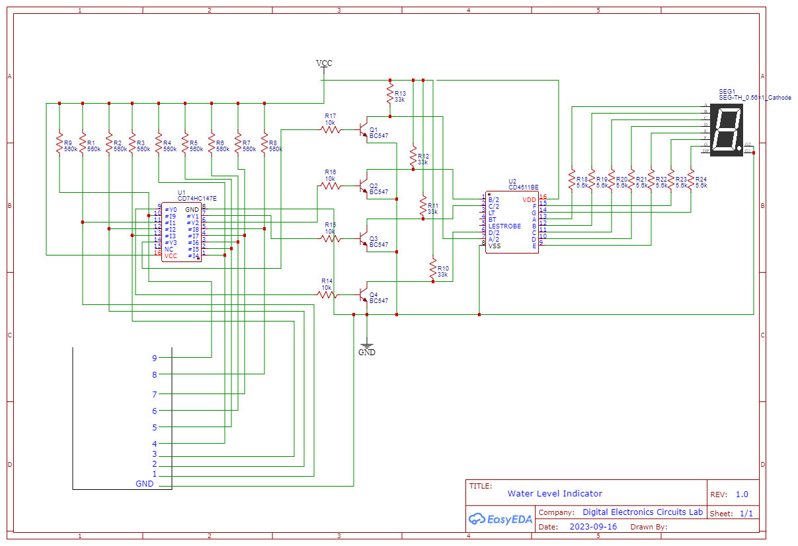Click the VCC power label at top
(324, 63)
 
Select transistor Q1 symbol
(363, 130)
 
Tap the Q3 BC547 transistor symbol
(363, 238)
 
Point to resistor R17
(331, 130)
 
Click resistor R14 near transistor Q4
(327, 294)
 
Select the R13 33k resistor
(390, 96)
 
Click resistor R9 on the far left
(60, 145)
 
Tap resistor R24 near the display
(691, 180)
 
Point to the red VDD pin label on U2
(529, 199)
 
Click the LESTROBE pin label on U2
(504, 226)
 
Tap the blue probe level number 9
(155, 358)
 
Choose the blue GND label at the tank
(144, 484)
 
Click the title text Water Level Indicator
(555, 493)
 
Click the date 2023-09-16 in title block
(593, 527)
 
